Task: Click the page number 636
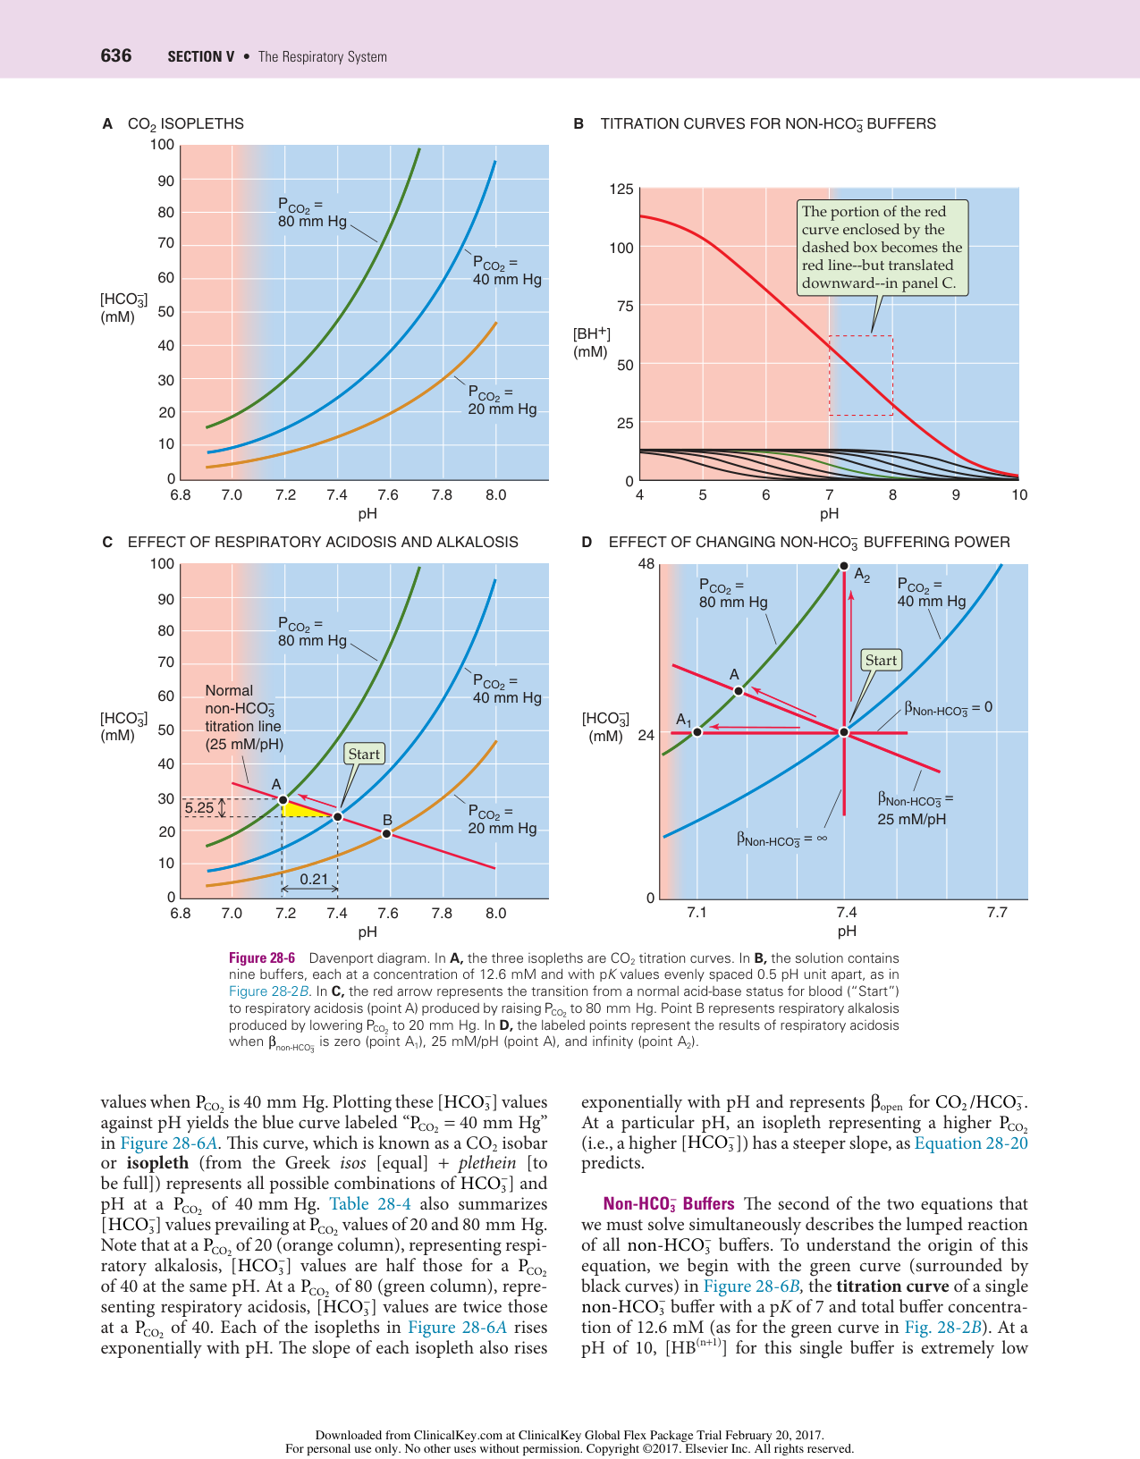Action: coord(116,55)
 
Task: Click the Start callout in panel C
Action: coord(364,754)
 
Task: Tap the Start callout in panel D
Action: coord(881,660)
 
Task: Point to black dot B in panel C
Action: coord(386,833)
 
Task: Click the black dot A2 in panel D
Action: coord(844,565)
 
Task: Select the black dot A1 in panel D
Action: coord(697,732)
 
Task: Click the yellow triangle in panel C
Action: coord(300,809)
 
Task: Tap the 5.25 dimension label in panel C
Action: coord(199,808)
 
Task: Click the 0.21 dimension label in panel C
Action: coord(314,879)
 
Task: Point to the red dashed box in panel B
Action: coord(860,375)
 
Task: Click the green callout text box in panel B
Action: coord(882,248)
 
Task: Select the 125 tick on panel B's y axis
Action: coord(621,190)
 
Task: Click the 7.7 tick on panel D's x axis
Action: coord(997,912)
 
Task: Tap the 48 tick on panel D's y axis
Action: coord(646,564)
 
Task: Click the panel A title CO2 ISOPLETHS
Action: coord(185,123)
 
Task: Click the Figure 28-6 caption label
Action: coord(262,957)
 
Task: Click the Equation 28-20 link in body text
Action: coord(971,1143)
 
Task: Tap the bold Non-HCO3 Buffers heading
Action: coord(669,1204)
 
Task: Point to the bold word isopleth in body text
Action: coord(157,1163)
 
